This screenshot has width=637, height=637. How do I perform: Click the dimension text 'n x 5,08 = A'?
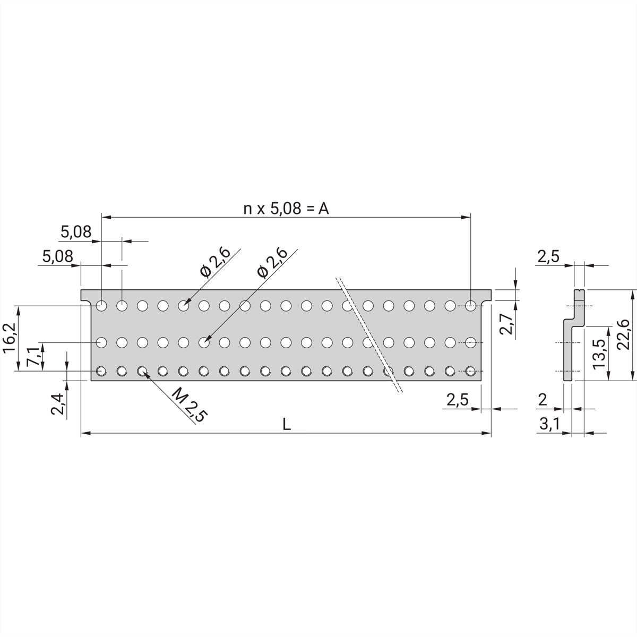tap(286, 209)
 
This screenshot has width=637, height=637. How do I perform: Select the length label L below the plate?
tap(287, 424)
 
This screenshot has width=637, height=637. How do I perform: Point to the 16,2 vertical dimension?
tap(10, 338)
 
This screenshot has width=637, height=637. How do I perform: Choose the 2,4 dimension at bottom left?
tap(58, 403)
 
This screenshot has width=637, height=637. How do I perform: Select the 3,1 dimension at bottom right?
tap(548, 424)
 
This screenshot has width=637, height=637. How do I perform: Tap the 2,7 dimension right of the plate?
tap(506, 324)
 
